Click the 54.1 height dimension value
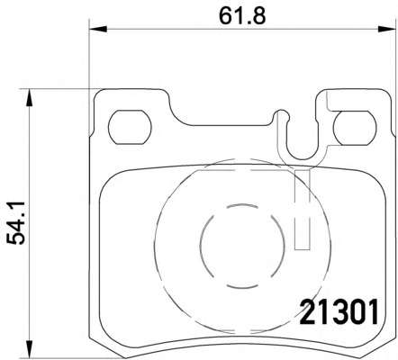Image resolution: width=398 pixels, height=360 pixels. click(15, 223)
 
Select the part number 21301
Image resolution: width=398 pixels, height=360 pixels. click(339, 312)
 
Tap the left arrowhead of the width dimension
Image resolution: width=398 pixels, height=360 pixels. click(98, 29)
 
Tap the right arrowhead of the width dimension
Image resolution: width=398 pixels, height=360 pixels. click(386, 29)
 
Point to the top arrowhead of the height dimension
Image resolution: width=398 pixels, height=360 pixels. click(29, 97)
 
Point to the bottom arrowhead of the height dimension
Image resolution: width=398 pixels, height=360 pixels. click(29, 349)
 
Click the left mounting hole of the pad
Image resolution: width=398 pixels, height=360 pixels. click(130, 127)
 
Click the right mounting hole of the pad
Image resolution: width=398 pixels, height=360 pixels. click(355, 128)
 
